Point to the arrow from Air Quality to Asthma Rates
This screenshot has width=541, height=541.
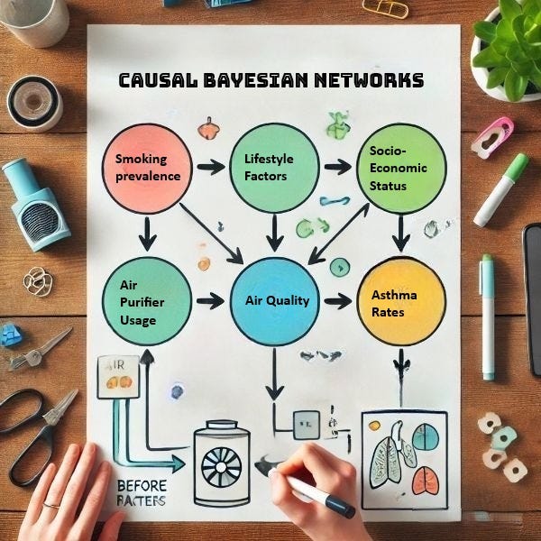coord(336,301)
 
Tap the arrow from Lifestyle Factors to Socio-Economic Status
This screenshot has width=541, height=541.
coord(336,167)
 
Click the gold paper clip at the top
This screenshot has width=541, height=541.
coord(384,8)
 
